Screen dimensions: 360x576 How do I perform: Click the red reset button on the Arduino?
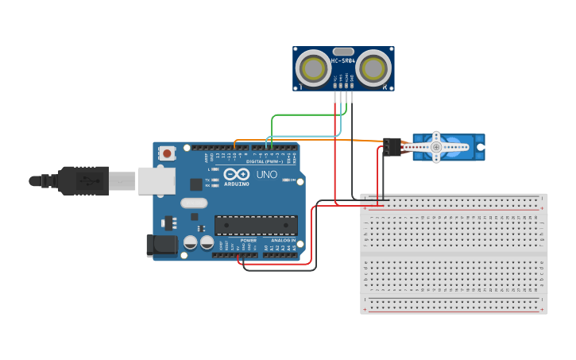point(167,153)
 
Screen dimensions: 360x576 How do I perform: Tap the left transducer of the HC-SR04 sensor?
point(312,68)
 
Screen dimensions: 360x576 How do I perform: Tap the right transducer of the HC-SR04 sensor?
point(373,68)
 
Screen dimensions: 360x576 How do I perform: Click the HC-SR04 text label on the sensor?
point(342,61)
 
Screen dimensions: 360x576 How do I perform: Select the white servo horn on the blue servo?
point(436,147)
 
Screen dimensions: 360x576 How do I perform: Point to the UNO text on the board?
point(267,174)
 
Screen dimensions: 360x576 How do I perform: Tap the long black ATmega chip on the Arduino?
point(256,225)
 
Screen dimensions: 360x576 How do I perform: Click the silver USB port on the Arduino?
point(157,180)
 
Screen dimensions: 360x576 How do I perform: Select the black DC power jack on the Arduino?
point(161,245)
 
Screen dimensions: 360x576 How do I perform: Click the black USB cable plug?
point(83,180)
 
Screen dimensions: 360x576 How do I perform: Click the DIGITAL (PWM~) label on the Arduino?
point(265,161)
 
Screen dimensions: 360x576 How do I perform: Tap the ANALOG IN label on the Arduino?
point(283,239)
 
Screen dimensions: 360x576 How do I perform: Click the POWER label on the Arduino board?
point(249,239)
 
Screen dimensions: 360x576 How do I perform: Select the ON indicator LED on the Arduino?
point(285,180)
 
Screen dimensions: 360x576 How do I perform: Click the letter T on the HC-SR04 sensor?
point(300,87)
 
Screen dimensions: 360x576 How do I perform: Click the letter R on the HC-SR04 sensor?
point(385,87)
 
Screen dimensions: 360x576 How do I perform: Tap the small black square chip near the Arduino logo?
point(196,184)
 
